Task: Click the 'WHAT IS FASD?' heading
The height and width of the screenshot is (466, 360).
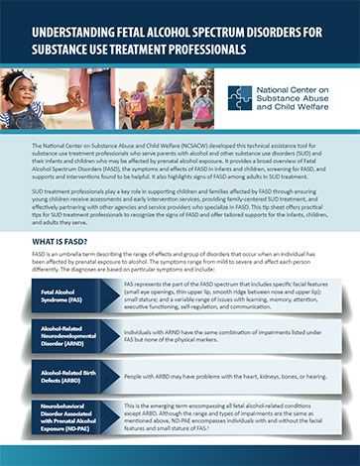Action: pyautogui.click(x=66, y=240)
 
